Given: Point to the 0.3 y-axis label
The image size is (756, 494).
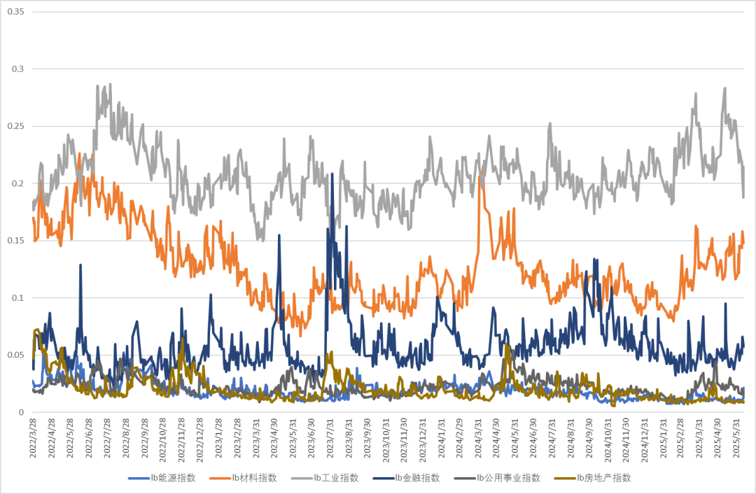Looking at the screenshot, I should pos(18,69).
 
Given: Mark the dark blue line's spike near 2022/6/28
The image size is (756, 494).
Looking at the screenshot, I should pos(81,265).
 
